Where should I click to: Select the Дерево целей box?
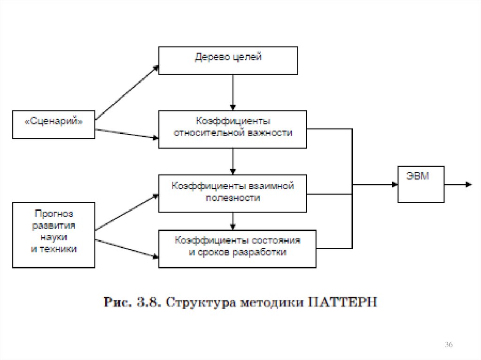[228, 60]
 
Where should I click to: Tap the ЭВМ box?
[420, 184]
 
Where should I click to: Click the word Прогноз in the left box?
[54, 214]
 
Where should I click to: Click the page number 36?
[449, 345]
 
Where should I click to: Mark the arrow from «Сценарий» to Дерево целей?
[127, 92]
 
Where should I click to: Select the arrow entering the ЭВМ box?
[376, 184]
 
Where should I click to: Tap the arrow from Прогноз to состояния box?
[127, 249]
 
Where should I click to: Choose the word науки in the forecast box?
[54, 237]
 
